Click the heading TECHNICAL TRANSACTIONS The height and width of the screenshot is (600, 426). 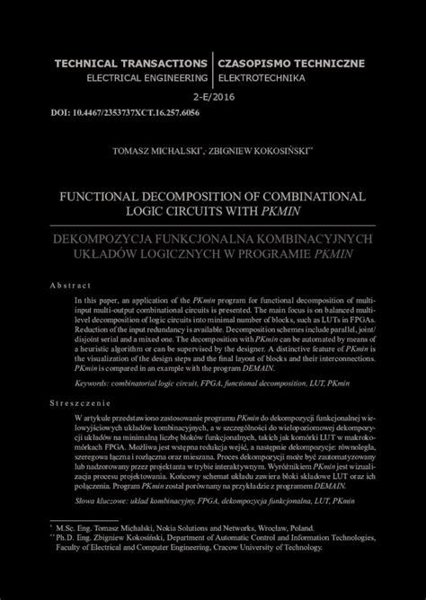point(131,64)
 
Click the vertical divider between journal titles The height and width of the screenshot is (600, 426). point(212,71)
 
